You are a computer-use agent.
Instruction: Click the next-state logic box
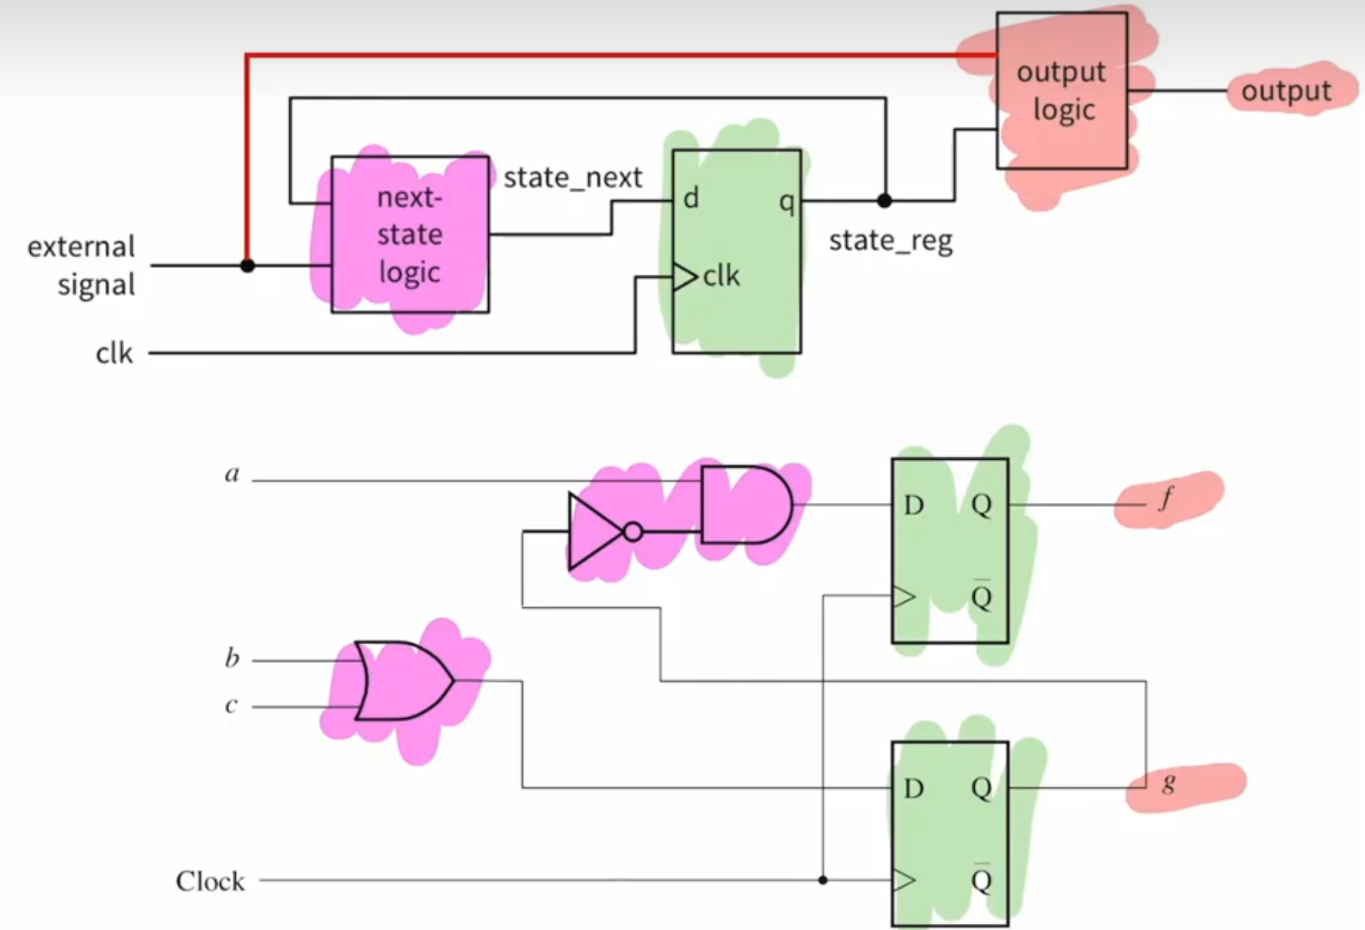(410, 234)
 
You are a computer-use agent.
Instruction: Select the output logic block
(1061, 90)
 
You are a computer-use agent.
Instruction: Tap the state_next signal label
(572, 178)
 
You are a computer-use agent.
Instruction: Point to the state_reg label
(891, 241)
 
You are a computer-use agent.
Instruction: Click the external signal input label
(82, 266)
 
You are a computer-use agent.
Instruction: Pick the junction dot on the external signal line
(247, 265)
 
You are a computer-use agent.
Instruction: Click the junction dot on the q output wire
(884, 201)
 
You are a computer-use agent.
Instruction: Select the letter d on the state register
(691, 199)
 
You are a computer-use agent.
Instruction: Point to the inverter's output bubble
(633, 532)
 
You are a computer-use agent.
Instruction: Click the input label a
(232, 474)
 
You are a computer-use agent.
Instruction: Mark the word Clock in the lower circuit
(210, 881)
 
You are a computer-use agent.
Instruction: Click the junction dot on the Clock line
(823, 880)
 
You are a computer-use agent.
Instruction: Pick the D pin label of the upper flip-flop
(913, 506)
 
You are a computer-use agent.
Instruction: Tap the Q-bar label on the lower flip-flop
(982, 880)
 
